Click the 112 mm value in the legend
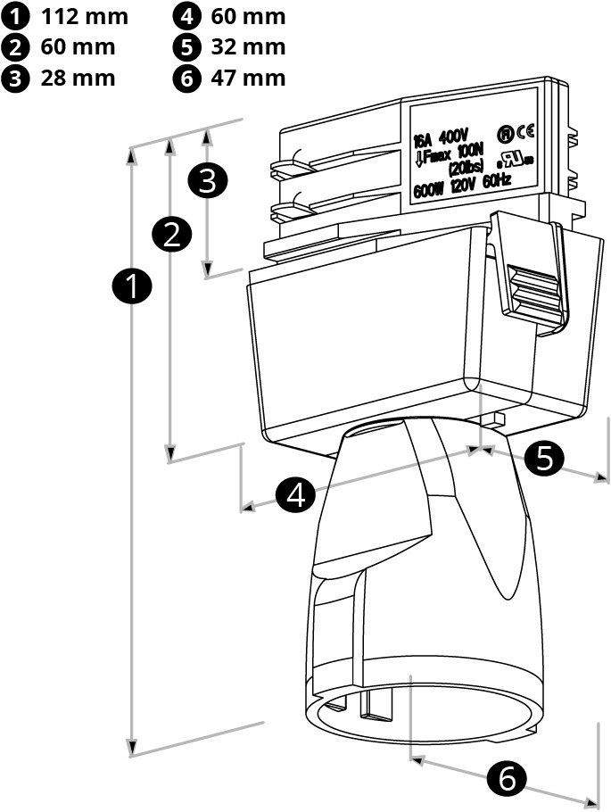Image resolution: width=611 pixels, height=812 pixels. click(x=85, y=16)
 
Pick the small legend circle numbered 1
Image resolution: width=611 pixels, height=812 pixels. click(x=16, y=16)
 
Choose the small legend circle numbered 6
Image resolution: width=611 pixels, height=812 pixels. click(x=186, y=78)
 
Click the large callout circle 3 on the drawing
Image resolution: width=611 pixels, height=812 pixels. click(x=208, y=181)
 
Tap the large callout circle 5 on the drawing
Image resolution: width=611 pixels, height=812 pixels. click(x=543, y=459)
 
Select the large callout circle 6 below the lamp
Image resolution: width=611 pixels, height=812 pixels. click(x=508, y=780)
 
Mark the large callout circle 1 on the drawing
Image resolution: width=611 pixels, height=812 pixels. click(x=133, y=287)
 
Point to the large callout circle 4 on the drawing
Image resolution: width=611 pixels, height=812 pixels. click(x=296, y=493)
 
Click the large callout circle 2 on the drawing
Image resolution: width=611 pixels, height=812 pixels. click(x=172, y=234)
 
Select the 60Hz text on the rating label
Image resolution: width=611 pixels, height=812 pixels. click(x=496, y=181)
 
